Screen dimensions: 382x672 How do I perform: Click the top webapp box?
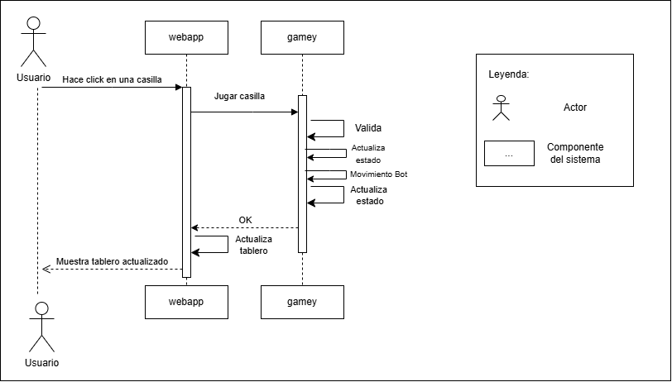tap(186, 37)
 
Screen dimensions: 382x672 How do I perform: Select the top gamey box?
tap(302, 37)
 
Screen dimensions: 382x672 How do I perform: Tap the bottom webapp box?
tap(186, 302)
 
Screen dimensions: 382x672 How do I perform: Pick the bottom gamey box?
tap(302, 302)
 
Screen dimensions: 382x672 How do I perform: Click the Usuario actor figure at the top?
tap(35, 41)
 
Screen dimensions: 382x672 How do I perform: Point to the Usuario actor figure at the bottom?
tap(41, 329)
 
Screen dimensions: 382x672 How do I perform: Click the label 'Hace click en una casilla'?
tap(112, 79)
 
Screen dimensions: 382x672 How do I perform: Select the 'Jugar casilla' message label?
tap(240, 96)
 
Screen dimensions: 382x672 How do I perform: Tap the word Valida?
tap(368, 128)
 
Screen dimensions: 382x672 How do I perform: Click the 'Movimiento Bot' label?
tap(378, 174)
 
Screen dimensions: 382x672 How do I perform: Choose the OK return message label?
tap(245, 220)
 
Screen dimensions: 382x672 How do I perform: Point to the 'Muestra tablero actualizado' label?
tap(112, 261)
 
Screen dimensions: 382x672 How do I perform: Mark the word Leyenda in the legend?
tap(509, 74)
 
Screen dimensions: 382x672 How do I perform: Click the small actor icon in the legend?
tap(500, 108)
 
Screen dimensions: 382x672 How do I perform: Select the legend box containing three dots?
tap(508, 154)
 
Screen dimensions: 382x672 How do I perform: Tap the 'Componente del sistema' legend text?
tap(575, 153)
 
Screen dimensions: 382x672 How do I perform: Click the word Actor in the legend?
tap(575, 107)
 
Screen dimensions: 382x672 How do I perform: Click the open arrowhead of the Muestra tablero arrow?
tap(46, 268)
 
